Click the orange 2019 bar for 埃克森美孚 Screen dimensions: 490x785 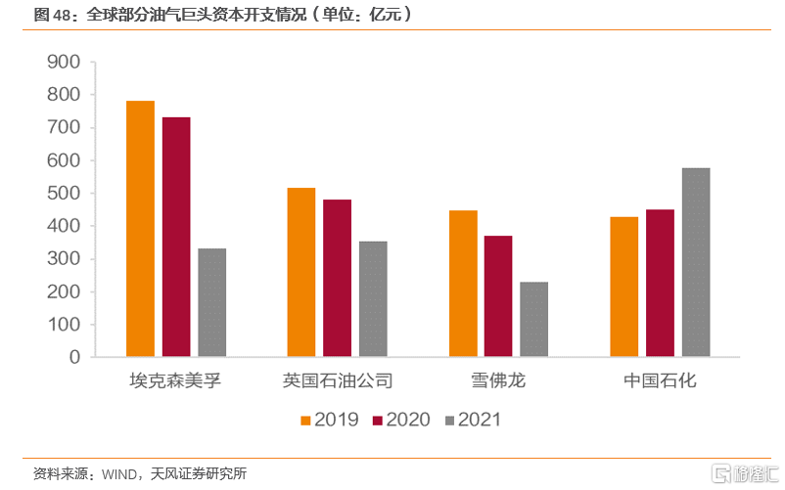click(x=140, y=229)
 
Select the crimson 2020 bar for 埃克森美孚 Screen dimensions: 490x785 click(x=176, y=237)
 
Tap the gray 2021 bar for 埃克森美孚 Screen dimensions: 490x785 click(x=212, y=302)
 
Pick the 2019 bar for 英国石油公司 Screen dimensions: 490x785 click(x=301, y=272)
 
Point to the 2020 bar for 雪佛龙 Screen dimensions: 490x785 click(x=498, y=296)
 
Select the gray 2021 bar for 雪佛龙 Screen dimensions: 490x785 click(x=534, y=319)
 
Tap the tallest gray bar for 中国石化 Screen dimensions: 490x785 click(x=696, y=262)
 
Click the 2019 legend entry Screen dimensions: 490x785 click(x=329, y=420)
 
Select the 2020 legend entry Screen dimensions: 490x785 click(x=399, y=420)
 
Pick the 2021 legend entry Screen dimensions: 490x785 click(x=472, y=420)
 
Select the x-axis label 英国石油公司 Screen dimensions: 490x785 click(x=338, y=380)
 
